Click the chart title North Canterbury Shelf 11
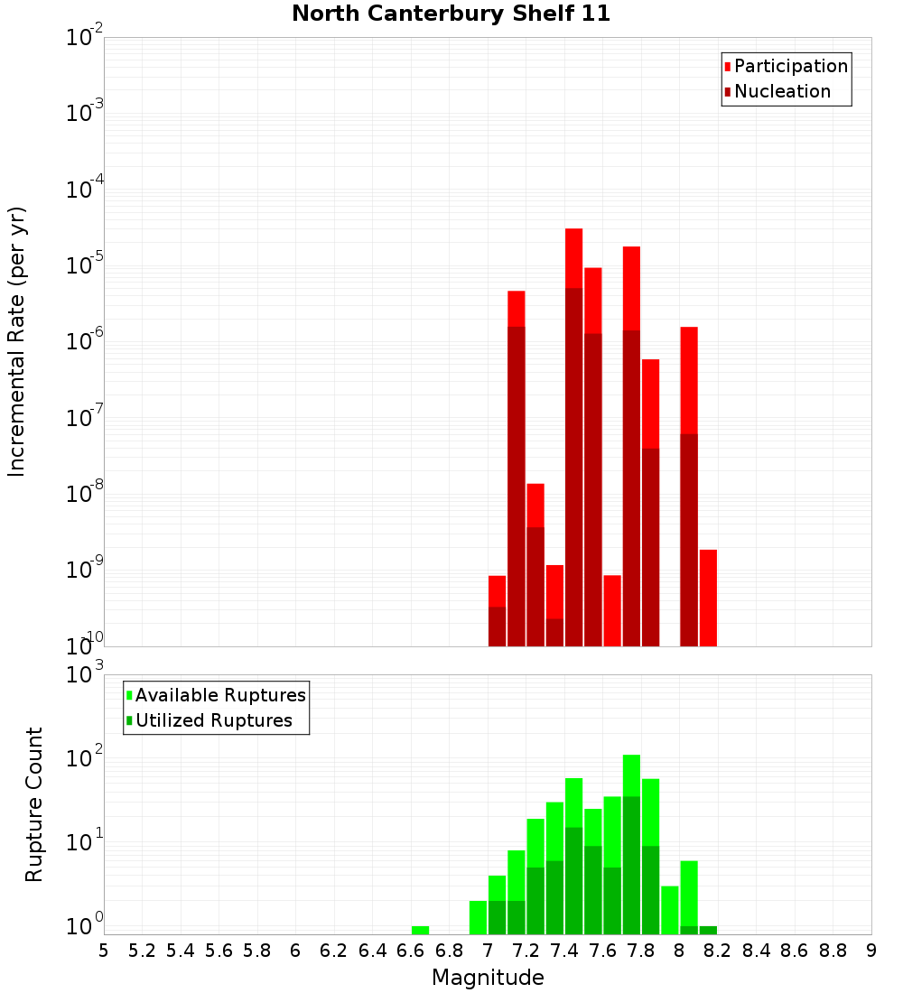pyautogui.click(x=451, y=14)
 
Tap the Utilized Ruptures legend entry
pyautogui.click(x=213, y=721)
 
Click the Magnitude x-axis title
pyautogui.click(x=488, y=978)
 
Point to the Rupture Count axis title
pyautogui.click(x=34, y=804)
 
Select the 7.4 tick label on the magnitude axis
pyautogui.click(x=564, y=951)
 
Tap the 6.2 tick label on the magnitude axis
pyautogui.click(x=334, y=951)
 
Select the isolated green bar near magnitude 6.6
pyautogui.click(x=420, y=930)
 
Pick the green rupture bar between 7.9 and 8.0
pyautogui.click(x=669, y=910)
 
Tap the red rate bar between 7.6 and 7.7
pyautogui.click(x=612, y=610)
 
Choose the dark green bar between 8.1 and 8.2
pyautogui.click(x=708, y=930)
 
